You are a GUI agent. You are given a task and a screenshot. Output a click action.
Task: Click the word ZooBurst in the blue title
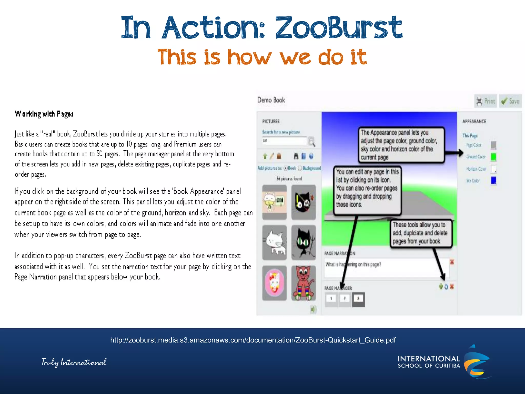click(x=338, y=28)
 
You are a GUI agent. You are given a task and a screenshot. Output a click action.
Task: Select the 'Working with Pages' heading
click(x=44, y=114)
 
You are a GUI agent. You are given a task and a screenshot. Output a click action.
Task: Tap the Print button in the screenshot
click(x=486, y=101)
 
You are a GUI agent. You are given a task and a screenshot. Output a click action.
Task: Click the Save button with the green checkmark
click(x=510, y=101)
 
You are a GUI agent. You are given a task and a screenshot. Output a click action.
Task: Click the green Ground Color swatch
click(x=493, y=157)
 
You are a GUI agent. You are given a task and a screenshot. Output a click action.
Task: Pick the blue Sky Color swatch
click(x=493, y=181)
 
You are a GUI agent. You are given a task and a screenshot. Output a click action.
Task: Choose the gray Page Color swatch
click(x=493, y=145)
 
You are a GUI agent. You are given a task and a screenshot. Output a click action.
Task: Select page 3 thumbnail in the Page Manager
click(x=358, y=299)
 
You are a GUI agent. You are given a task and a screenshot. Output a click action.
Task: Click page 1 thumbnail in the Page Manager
click(x=331, y=299)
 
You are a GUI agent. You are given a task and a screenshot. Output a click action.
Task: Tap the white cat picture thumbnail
click(x=275, y=242)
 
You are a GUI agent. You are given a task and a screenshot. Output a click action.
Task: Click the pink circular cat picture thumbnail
click(x=275, y=283)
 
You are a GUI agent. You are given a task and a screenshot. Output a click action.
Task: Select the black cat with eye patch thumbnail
click(x=304, y=202)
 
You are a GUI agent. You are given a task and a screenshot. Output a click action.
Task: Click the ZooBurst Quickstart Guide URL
click(x=253, y=340)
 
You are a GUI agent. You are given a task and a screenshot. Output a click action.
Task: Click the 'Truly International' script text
click(x=74, y=362)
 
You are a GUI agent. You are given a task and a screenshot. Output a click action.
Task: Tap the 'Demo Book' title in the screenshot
click(x=271, y=100)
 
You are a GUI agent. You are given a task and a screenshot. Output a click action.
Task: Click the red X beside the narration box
click(x=452, y=262)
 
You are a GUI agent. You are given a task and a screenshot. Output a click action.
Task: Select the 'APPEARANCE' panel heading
click(x=474, y=121)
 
